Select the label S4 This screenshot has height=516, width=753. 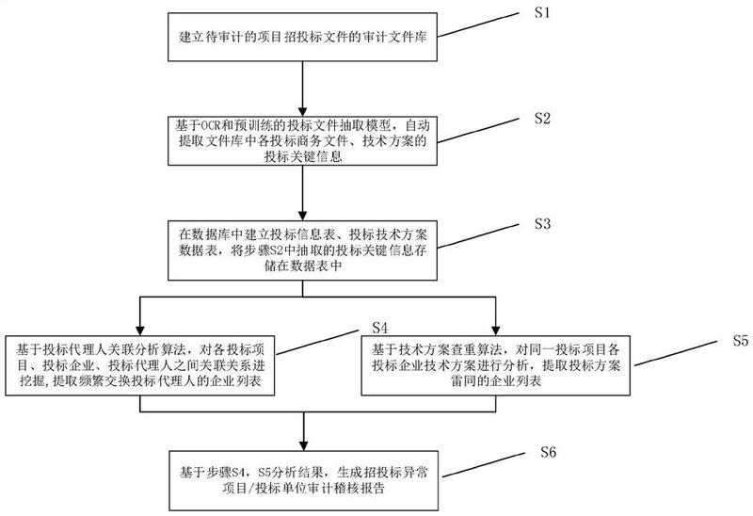(380, 328)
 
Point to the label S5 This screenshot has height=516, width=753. (740, 341)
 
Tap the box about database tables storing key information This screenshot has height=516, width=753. (301, 250)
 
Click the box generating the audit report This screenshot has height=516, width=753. (301, 479)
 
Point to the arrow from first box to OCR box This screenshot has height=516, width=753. (301, 90)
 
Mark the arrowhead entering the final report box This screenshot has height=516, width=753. (301, 447)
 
